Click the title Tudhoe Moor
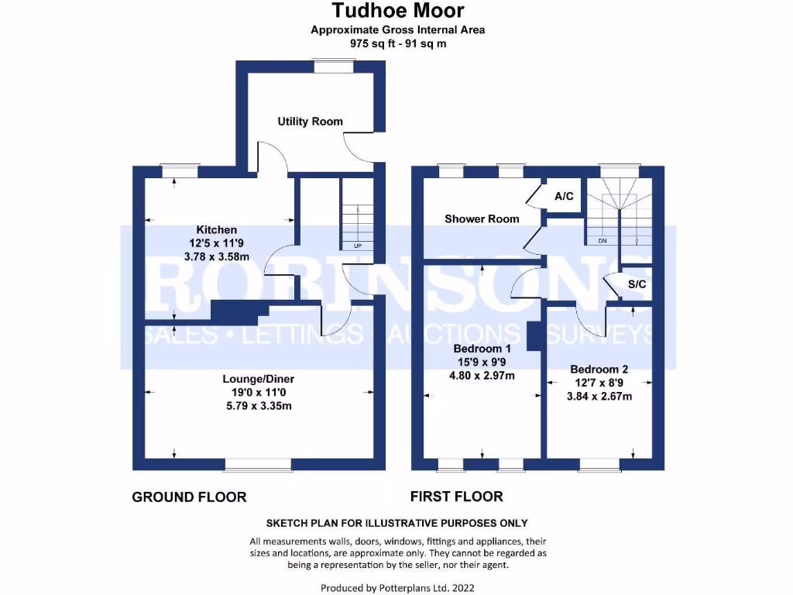[x=398, y=11]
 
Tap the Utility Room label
[x=310, y=122]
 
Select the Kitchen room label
[x=216, y=230]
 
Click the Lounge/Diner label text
[x=258, y=380]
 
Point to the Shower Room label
[x=481, y=219]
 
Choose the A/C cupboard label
[x=564, y=197]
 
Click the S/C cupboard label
[x=637, y=285]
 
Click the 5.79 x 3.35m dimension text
[x=258, y=406]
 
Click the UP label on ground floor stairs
[x=357, y=246]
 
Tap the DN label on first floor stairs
[x=602, y=241]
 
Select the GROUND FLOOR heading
[x=189, y=497]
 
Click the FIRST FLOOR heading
[x=456, y=497]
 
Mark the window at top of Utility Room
[x=333, y=67]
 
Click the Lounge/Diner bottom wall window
[x=258, y=465]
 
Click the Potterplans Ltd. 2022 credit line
[x=397, y=588]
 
